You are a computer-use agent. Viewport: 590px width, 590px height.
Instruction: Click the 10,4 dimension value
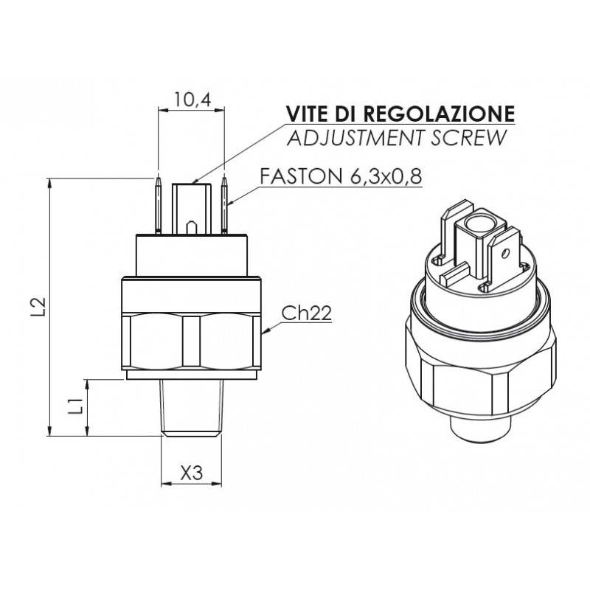(x=192, y=100)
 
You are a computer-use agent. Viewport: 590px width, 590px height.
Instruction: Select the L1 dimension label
(x=76, y=406)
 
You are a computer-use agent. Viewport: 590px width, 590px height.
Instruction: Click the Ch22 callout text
(x=307, y=313)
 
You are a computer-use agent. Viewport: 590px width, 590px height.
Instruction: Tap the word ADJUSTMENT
(x=355, y=138)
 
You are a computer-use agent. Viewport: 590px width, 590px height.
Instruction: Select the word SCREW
(x=468, y=138)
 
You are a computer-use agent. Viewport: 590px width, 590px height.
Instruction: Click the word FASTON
(x=300, y=176)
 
